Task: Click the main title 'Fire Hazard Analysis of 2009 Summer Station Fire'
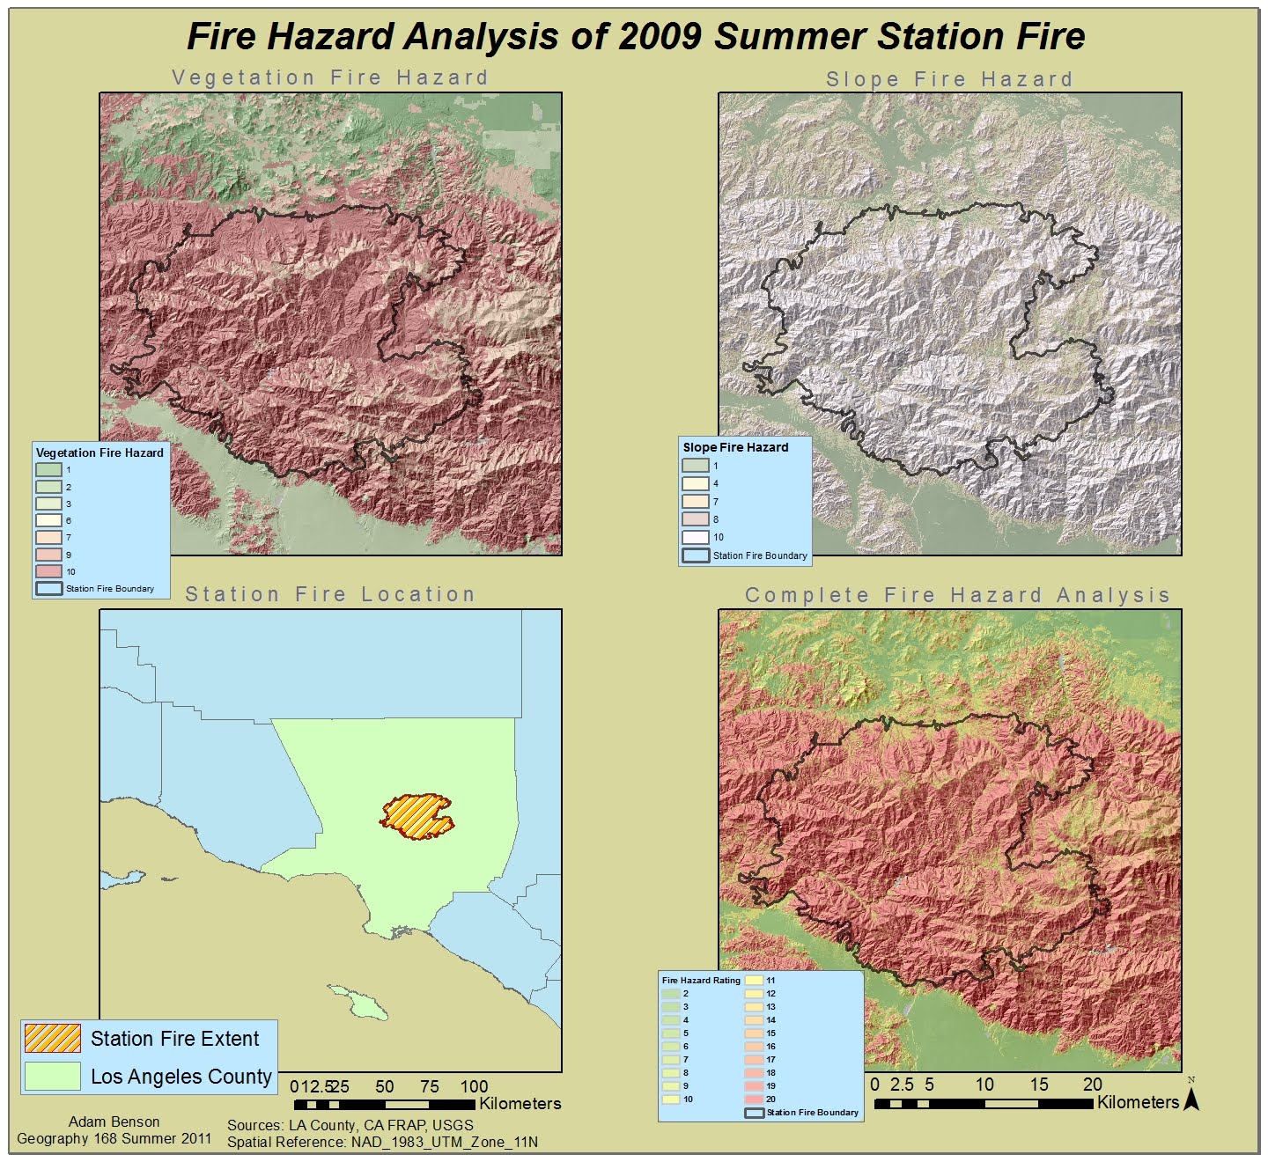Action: pos(635,37)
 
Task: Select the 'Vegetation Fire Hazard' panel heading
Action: pos(330,77)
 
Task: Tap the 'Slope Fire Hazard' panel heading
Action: pos(949,79)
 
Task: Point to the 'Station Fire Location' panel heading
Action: pos(330,594)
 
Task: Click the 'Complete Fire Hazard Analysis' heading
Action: pos(957,595)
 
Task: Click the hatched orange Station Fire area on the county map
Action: pos(417,815)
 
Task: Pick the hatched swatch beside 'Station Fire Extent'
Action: pos(52,1039)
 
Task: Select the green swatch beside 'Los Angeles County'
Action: pos(52,1077)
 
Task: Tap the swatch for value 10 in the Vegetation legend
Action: pos(48,571)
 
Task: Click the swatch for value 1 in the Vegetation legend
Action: pos(48,470)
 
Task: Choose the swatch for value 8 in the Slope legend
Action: pos(695,519)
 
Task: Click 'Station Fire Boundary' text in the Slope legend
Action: pos(760,555)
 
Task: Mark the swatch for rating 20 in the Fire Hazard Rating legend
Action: pos(754,1099)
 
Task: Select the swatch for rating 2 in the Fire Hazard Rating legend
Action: pos(671,994)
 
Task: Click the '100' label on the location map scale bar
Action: pos(474,1086)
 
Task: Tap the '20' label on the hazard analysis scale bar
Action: pos(1092,1085)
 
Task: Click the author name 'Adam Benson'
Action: pos(114,1122)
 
